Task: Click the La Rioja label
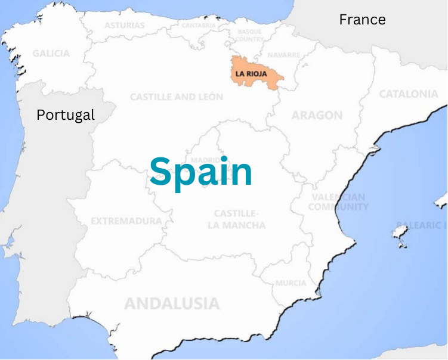coord(255,75)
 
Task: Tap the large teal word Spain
coord(201,172)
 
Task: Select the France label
coord(362,20)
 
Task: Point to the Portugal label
coord(66,114)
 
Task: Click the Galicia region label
coord(51,54)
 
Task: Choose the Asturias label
coord(125,26)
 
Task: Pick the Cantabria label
coord(199,26)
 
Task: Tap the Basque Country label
coord(250,35)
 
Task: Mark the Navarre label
coord(284,55)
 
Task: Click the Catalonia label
coord(409,94)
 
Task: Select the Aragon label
coord(317,116)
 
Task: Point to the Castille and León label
coord(177,97)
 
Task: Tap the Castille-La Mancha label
coord(236,219)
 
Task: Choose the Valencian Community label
coord(338,202)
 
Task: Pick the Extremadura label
coord(126,221)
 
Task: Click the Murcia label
coord(291,283)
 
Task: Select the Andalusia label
coord(172,303)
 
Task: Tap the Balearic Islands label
coord(427,225)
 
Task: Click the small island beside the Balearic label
coord(400,233)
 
